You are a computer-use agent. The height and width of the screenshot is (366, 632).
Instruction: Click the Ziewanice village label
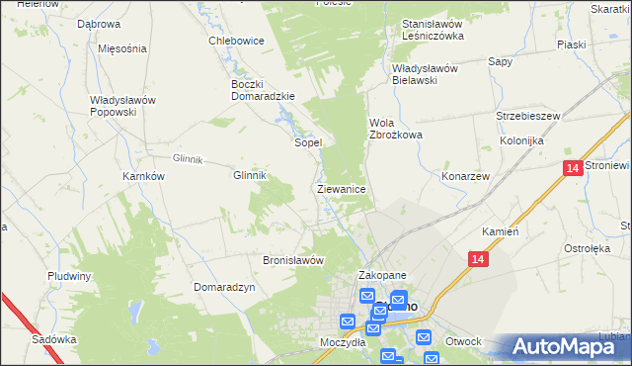click(x=342, y=188)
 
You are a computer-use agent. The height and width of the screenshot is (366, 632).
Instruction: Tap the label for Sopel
click(x=308, y=142)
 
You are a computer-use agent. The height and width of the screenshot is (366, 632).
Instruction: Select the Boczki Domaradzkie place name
click(x=258, y=90)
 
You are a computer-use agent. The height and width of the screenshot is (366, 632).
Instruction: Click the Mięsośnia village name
click(x=122, y=48)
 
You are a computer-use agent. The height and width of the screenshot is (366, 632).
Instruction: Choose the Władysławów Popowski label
click(x=126, y=106)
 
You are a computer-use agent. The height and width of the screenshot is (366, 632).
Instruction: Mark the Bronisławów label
click(x=293, y=260)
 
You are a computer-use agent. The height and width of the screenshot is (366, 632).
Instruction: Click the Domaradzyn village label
click(x=225, y=286)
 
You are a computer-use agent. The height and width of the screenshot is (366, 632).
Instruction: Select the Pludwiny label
click(x=69, y=276)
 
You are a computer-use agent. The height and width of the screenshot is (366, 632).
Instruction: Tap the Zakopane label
click(x=382, y=276)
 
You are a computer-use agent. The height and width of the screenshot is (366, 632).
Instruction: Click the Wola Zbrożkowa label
click(x=395, y=129)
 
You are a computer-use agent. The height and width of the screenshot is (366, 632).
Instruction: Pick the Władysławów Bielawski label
click(x=428, y=74)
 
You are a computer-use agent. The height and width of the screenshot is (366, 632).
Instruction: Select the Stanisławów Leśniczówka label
click(x=433, y=30)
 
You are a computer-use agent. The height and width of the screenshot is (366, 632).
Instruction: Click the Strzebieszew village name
click(x=528, y=116)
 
